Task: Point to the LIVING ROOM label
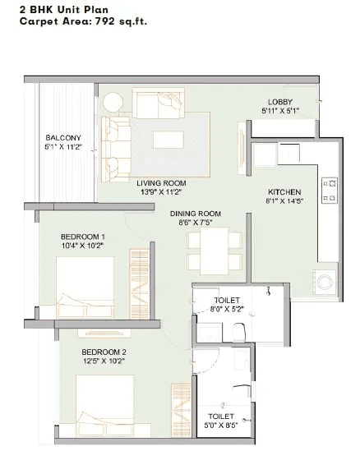(x=160, y=182)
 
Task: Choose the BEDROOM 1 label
(x=83, y=236)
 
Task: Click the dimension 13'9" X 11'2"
(x=160, y=191)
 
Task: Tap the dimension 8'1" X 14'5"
(x=284, y=199)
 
